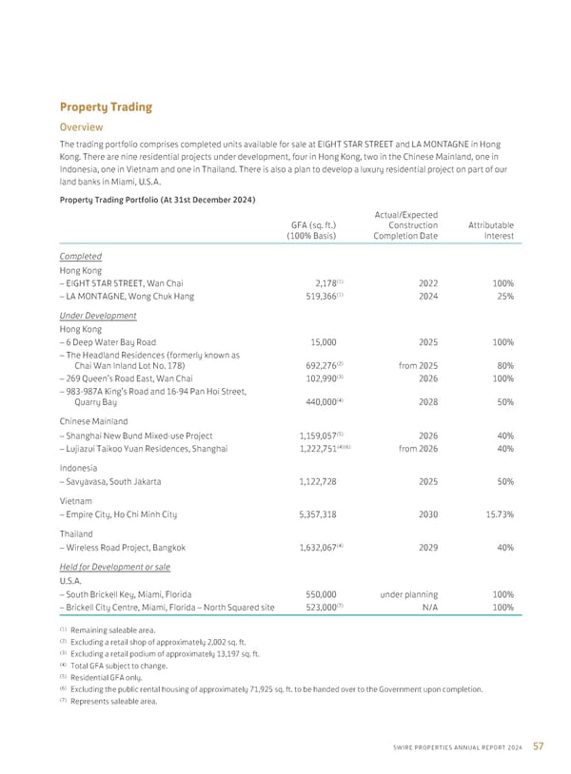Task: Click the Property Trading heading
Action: tap(105, 106)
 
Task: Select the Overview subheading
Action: tap(81, 126)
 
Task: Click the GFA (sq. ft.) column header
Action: tap(312, 230)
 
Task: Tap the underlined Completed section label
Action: tap(82, 256)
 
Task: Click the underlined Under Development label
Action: tap(98, 316)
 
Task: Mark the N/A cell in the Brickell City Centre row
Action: tap(428, 607)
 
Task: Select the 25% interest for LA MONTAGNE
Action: tap(503, 296)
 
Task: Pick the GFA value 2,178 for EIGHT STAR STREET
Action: tap(315, 283)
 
